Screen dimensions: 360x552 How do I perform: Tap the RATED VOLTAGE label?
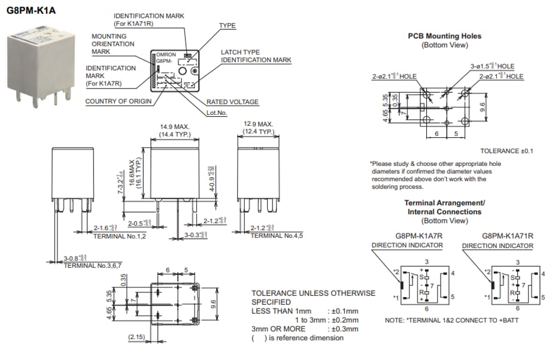232,102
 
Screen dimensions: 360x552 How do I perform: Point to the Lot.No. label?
217,113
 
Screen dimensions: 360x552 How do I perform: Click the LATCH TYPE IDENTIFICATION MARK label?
256,56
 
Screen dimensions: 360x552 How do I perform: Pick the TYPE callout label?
228,26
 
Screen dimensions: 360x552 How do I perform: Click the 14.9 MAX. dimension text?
174,126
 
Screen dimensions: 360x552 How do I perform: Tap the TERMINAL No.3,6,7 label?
92,265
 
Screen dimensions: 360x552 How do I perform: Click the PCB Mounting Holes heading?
444,36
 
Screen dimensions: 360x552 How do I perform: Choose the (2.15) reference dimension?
137,338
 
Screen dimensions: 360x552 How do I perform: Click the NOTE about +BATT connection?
451,320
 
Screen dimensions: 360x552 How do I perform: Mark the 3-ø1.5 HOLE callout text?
492,66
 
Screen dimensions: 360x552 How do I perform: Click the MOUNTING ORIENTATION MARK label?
109,44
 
